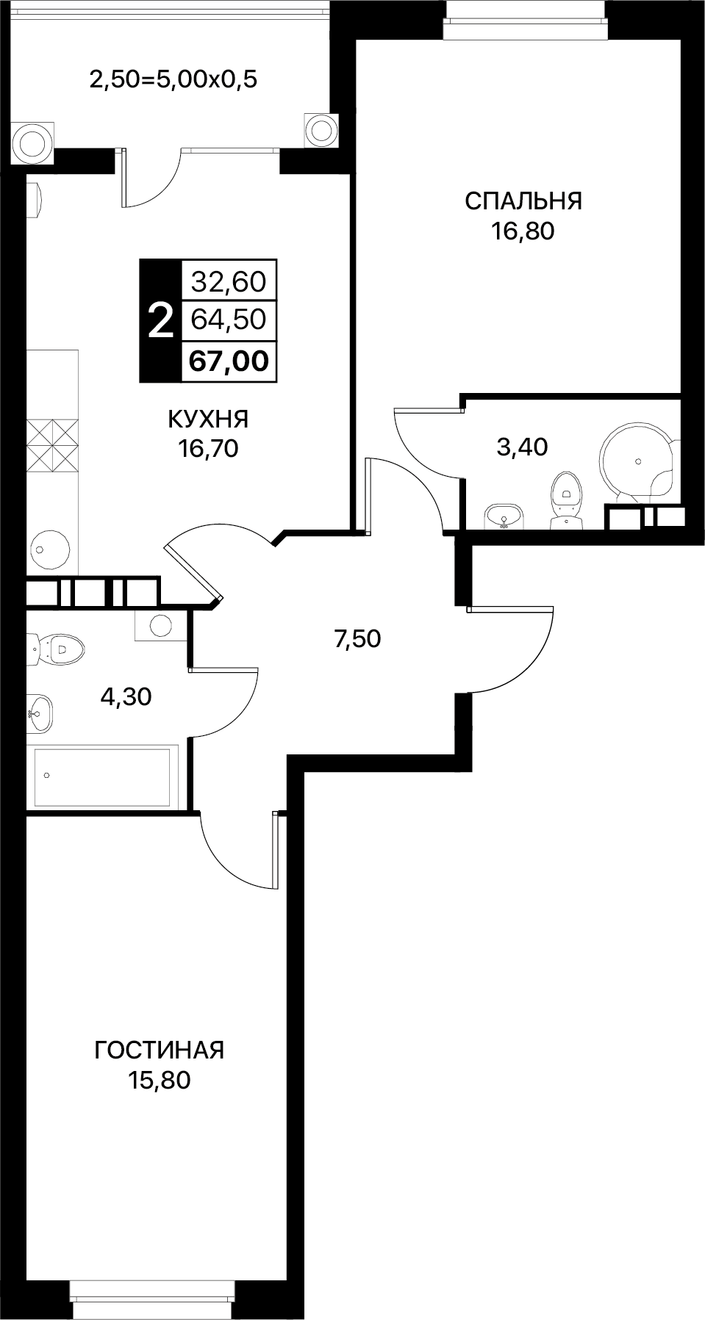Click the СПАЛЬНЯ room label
point(523,201)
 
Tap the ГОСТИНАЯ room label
point(159,1050)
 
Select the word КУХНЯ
point(208,419)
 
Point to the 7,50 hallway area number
point(357,639)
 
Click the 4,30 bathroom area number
point(126,696)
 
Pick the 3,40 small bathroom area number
point(523,447)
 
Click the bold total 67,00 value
point(229,361)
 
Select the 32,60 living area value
point(229,281)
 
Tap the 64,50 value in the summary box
point(229,320)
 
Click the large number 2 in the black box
point(160,321)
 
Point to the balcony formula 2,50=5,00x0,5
point(173,79)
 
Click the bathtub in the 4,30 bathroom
point(103,776)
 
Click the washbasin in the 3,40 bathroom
point(504,516)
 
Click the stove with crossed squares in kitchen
point(52,445)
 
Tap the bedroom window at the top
point(523,11)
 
